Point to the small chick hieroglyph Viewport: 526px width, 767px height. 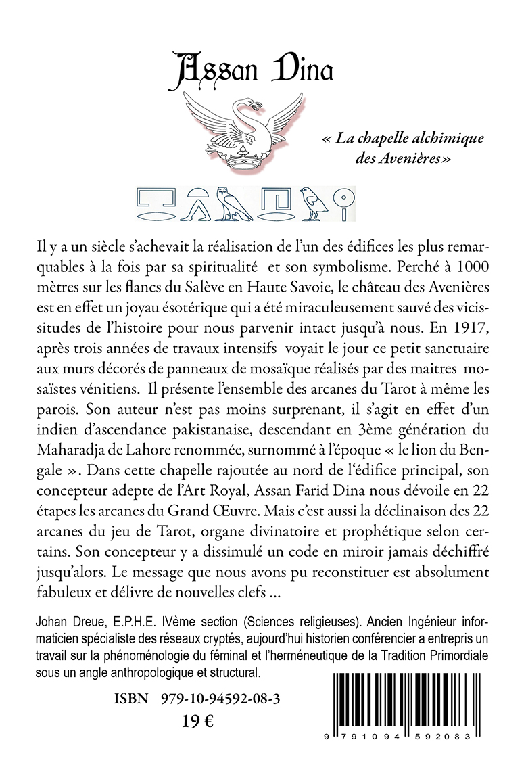pos(314,204)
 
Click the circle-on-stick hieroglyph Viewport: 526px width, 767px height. pos(345,204)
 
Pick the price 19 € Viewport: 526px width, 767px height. pos(199,722)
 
